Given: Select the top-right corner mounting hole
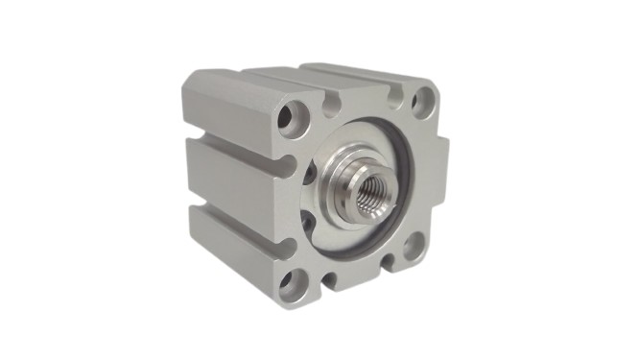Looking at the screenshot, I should tap(421, 100).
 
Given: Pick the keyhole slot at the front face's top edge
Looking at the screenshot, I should tap(333, 100).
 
